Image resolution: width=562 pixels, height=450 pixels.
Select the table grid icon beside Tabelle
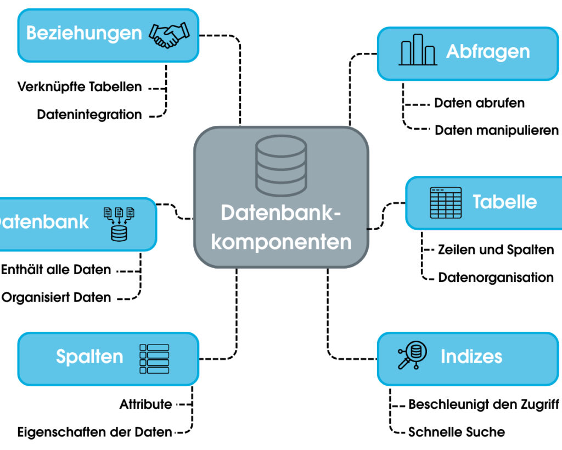point(445,203)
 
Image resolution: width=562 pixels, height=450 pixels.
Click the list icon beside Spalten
point(154,359)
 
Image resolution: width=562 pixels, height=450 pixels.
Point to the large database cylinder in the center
point(280,166)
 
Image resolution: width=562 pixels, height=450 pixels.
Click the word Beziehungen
point(84,33)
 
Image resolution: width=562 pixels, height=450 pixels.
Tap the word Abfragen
point(488,52)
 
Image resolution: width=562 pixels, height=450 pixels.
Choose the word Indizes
point(471,357)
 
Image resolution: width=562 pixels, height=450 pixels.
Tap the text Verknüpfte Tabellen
point(80,87)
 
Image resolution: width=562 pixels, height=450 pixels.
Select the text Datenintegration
point(89,115)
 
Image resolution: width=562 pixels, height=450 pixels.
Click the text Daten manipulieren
point(497,130)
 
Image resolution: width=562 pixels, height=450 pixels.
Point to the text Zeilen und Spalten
point(496,250)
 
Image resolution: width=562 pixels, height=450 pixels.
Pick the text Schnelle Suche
point(457,432)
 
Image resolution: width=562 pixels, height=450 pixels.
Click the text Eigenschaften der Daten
point(94,432)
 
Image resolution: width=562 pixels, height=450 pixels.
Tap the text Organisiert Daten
point(57,298)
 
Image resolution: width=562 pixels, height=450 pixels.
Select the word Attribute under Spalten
point(145,404)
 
